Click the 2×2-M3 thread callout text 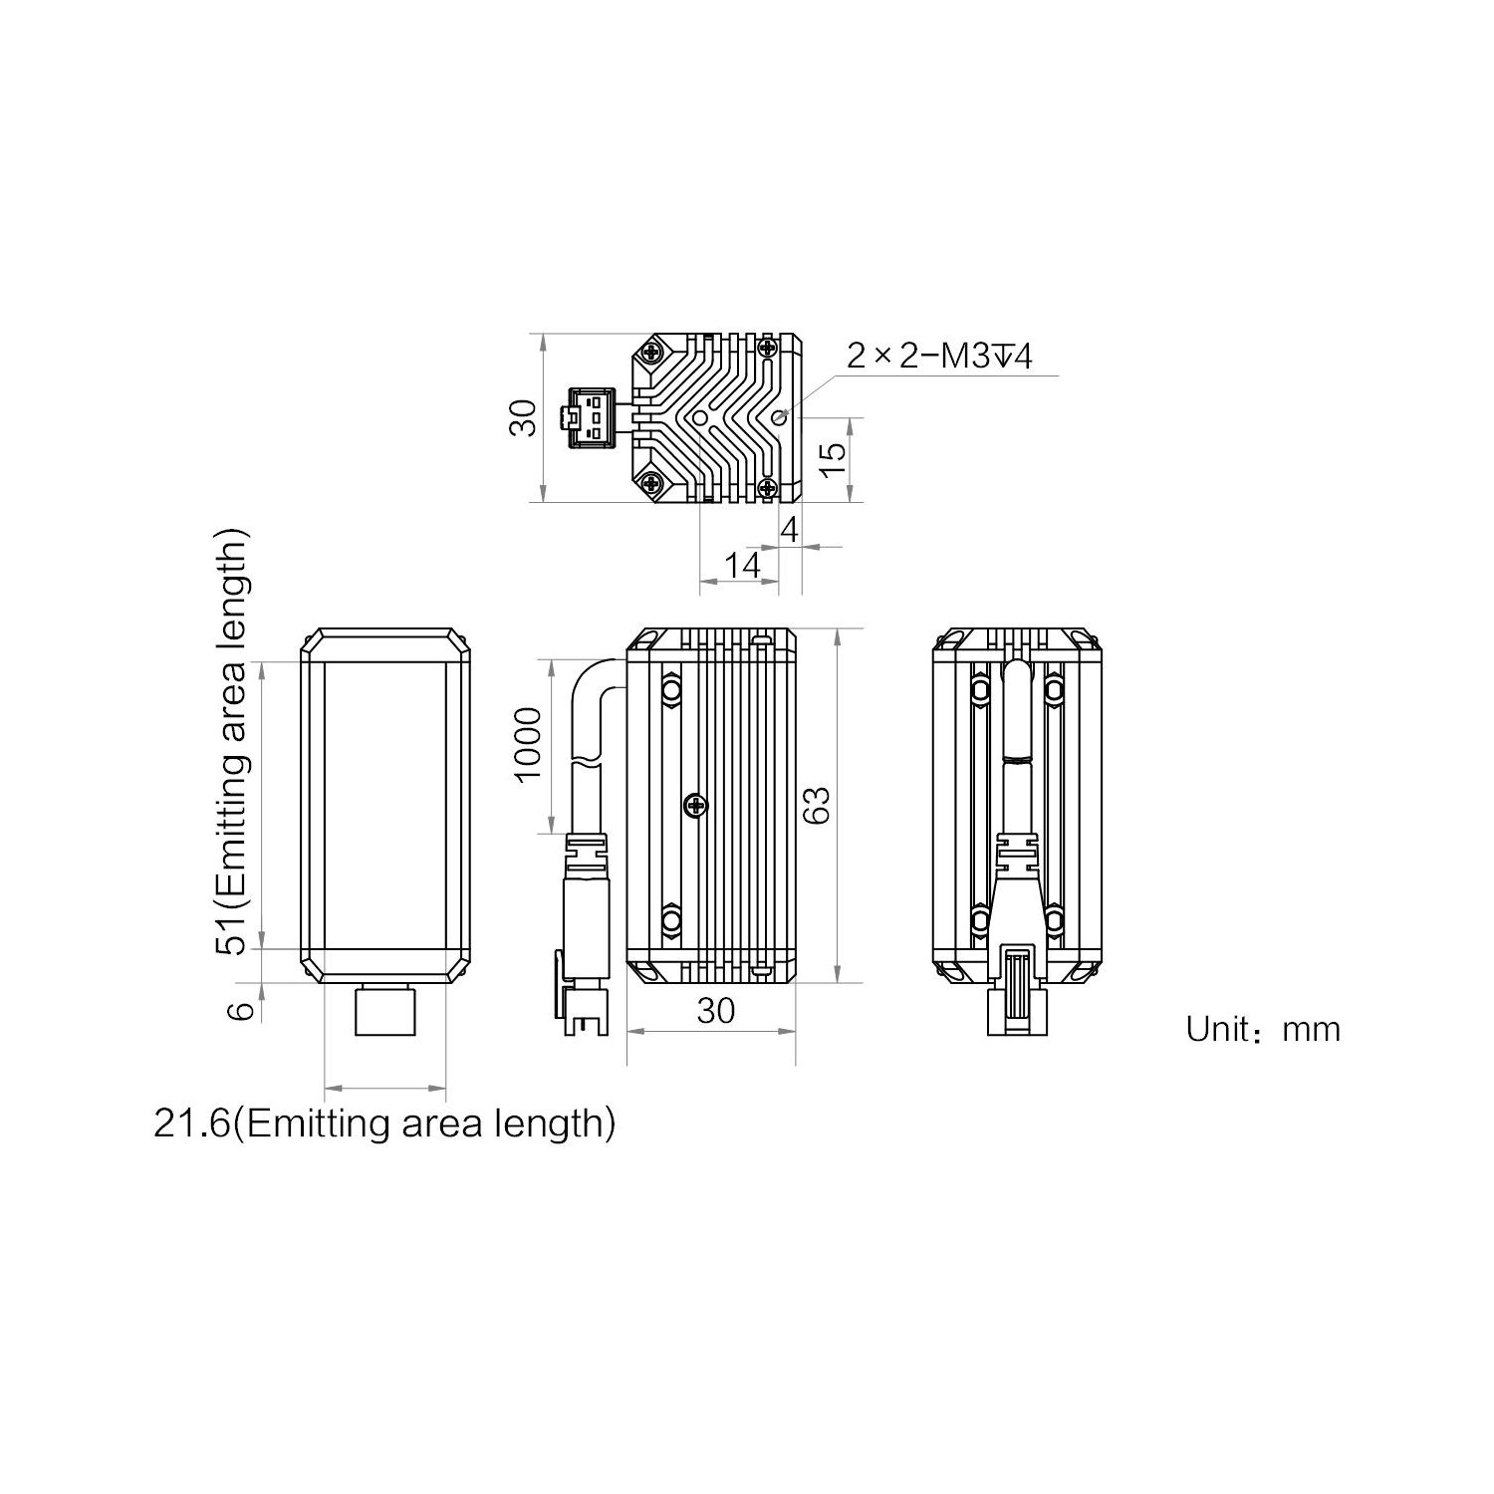point(939,356)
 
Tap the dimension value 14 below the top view point(742,566)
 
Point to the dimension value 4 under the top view point(790,530)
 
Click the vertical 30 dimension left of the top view point(523,417)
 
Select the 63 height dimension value point(815,804)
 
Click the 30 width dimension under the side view point(716,1010)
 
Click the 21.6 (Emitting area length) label point(384,1123)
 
